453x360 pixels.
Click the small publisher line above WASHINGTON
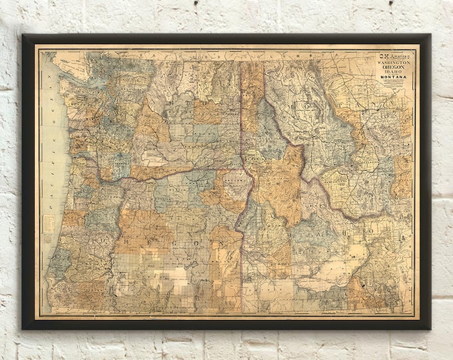tap(393, 58)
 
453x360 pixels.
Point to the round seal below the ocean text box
tap(49, 239)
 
